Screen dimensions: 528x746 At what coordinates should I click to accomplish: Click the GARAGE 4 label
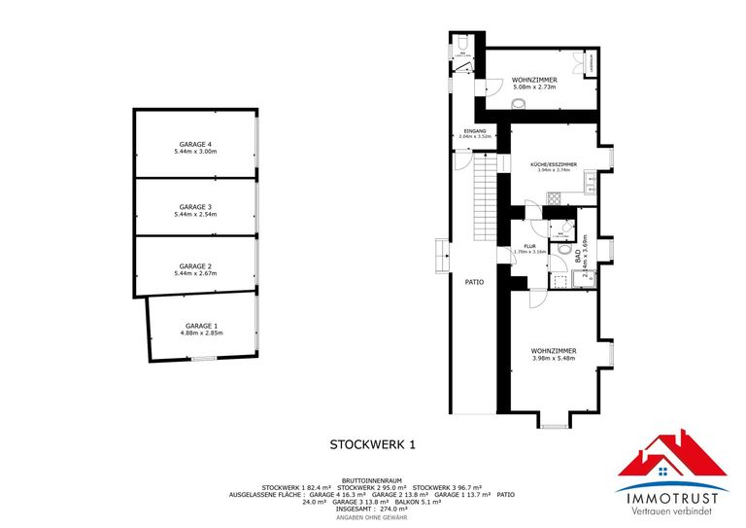click(x=195, y=144)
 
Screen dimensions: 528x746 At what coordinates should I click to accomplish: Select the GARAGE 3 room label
click(x=195, y=206)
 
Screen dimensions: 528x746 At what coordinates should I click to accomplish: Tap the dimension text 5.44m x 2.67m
click(x=195, y=273)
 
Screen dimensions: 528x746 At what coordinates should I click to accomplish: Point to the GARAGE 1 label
click(x=201, y=325)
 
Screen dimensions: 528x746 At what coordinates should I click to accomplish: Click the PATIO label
click(x=474, y=283)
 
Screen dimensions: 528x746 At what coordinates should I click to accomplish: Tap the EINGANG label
click(x=475, y=130)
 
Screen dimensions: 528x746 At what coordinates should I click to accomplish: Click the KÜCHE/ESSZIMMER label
click(x=554, y=164)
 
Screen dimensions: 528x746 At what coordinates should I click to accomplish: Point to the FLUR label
click(x=529, y=246)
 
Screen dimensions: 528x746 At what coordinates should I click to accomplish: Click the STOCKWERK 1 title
click(x=372, y=445)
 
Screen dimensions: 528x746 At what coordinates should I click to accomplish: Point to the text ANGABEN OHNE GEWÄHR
click(x=372, y=516)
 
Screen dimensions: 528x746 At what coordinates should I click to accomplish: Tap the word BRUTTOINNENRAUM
click(x=372, y=479)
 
